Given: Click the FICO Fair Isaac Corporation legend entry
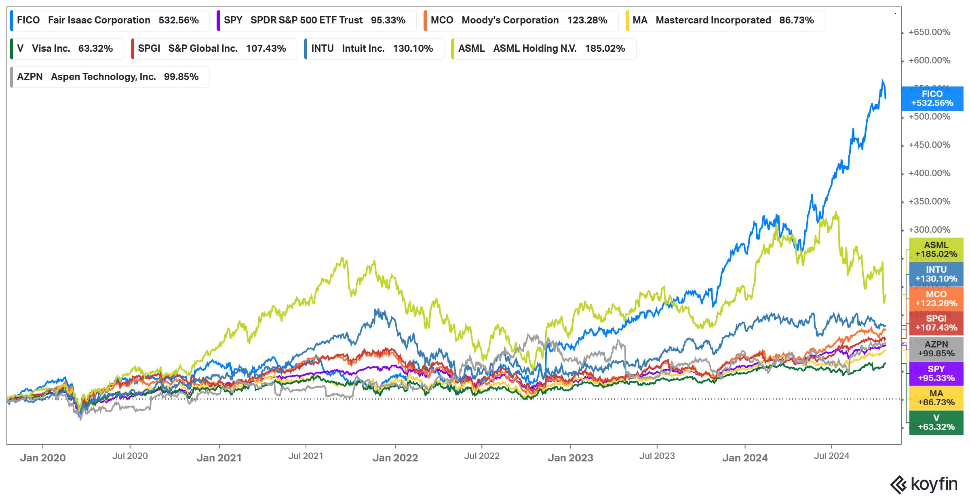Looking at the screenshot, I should click(109, 20).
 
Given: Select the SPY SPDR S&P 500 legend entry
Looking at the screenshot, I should click(316, 20).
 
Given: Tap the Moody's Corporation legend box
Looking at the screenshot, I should click(521, 20).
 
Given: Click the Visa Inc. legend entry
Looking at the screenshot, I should click(67, 48).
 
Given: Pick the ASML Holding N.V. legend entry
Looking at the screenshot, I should click(543, 48).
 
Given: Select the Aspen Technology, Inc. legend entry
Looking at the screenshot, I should click(109, 77).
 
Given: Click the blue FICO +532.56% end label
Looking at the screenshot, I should click(932, 99).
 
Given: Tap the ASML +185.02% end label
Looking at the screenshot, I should click(936, 250).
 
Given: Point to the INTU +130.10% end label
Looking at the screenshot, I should click(936, 274).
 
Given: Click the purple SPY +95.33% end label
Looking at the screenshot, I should click(936, 374).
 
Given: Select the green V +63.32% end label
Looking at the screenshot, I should click(936, 423).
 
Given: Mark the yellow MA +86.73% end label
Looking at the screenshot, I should click(936, 398).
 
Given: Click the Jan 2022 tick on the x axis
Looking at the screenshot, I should click(395, 457).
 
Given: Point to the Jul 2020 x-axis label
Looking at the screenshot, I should click(130, 456).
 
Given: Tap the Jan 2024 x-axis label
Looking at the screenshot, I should click(745, 457).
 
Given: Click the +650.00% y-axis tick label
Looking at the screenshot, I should click(929, 32).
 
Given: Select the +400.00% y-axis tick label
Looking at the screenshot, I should click(929, 173).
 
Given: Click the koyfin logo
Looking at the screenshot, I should click(924, 484).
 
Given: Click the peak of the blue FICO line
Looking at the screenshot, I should click(883, 80).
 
